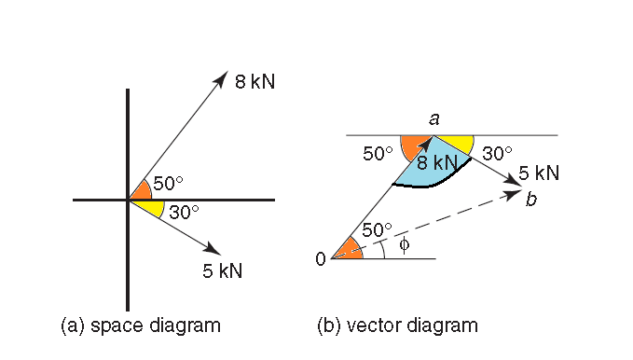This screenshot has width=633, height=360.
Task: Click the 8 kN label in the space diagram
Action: click(x=255, y=82)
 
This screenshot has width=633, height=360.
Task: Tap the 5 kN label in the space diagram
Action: click(x=222, y=271)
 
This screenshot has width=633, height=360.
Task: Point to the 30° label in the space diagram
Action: click(x=184, y=212)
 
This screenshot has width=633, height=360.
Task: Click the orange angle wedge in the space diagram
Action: click(x=141, y=190)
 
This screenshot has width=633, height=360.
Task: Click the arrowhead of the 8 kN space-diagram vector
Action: click(x=223, y=76)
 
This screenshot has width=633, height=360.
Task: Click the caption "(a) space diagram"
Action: click(x=140, y=325)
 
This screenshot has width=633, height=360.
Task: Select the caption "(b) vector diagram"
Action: click(x=397, y=325)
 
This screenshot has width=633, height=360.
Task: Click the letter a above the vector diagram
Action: click(x=433, y=118)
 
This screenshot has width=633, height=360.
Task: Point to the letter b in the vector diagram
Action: click(x=530, y=199)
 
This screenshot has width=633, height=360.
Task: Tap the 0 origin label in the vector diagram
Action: click(x=321, y=259)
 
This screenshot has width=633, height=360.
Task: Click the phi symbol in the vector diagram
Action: click(x=404, y=244)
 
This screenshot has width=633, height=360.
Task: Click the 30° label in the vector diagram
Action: click(x=498, y=153)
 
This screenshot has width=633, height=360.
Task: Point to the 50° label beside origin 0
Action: click(x=377, y=228)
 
